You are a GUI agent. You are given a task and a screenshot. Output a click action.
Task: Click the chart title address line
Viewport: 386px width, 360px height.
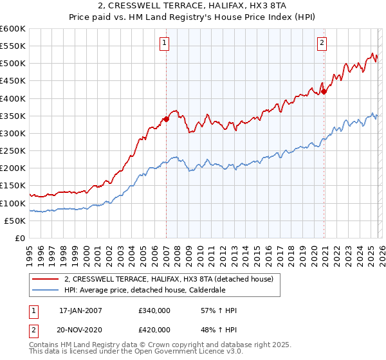click(x=193, y=6)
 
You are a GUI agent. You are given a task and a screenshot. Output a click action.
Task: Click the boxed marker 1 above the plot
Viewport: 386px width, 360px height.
click(x=165, y=43)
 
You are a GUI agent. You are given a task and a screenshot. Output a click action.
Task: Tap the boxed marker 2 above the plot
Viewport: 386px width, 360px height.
click(x=322, y=43)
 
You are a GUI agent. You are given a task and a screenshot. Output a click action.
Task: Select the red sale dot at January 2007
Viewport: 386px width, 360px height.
click(x=166, y=119)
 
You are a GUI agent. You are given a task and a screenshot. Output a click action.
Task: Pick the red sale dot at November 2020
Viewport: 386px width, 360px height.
click(x=324, y=91)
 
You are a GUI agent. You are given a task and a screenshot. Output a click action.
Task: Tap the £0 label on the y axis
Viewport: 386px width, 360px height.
click(x=20, y=238)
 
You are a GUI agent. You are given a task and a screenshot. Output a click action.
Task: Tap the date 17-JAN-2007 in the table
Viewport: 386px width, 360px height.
click(x=80, y=310)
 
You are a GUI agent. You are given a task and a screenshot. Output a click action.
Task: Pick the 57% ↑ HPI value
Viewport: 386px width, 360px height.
click(x=219, y=310)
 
